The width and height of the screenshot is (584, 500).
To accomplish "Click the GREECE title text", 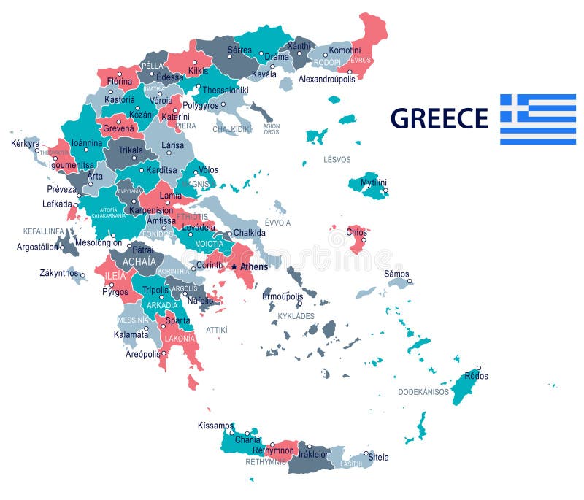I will (x=439, y=118).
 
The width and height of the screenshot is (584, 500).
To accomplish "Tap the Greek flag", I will (x=537, y=119).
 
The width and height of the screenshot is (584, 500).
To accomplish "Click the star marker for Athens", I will (x=234, y=267).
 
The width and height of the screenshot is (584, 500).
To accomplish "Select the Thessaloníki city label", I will (x=226, y=91).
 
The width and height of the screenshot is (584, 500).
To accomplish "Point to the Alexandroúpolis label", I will (x=326, y=79).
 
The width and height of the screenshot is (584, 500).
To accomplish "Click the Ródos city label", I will (x=476, y=376).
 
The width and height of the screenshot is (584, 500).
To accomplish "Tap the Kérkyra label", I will (x=26, y=143).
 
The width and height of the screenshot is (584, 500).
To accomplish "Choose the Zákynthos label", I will (x=58, y=273).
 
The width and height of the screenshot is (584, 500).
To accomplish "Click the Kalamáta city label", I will (x=131, y=334).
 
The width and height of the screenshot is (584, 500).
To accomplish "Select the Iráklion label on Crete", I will (x=312, y=453).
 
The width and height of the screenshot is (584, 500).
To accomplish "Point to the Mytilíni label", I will (x=374, y=182).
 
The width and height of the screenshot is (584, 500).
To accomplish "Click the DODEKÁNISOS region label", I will (x=423, y=392).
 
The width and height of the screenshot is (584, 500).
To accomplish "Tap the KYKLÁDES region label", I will (x=296, y=316).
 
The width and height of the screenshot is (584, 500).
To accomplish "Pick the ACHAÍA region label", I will (x=139, y=261).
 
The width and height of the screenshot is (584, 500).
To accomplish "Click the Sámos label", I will (x=397, y=274).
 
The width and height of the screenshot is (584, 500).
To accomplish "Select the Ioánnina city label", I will (x=81, y=143).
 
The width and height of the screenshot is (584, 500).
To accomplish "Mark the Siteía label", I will (x=377, y=457).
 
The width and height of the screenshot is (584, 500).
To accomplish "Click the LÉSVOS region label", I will (x=337, y=159).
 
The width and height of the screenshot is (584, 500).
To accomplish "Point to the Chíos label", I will (x=357, y=232).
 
